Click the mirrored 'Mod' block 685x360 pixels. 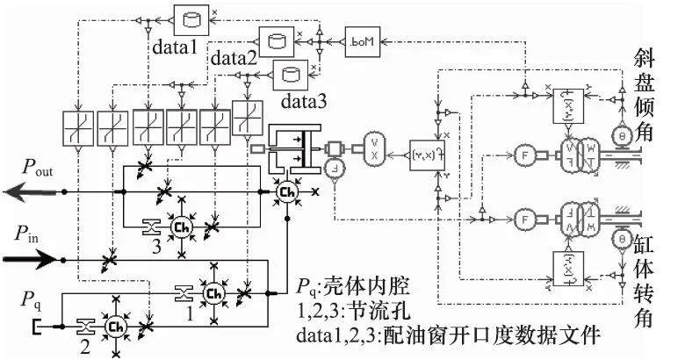coord(361,41)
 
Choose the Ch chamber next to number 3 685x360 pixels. coord(182,227)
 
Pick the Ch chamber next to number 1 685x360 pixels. coord(213,293)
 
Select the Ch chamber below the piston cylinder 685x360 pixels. coord(286,190)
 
